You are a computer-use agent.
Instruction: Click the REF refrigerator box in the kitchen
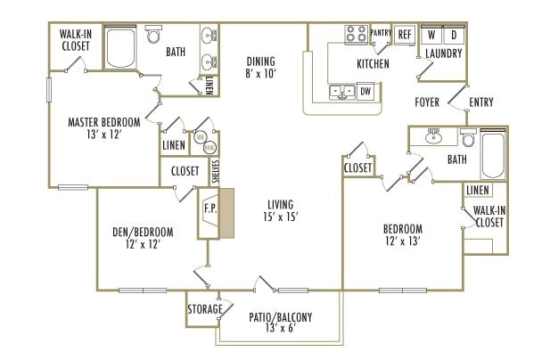405,34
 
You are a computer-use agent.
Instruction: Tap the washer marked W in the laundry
432,36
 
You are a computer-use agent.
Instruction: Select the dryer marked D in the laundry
453,36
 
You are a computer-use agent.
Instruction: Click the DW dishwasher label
365,90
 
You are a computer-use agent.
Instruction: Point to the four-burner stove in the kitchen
357,34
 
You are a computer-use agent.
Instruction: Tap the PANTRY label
382,31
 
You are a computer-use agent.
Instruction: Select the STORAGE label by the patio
204,309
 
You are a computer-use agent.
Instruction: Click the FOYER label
427,102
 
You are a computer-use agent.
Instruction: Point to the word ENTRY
480,102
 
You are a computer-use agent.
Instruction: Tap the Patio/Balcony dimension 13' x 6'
279,329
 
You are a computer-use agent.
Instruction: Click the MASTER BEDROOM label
104,122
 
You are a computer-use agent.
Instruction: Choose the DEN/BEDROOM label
143,232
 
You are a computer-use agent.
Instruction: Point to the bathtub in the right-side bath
493,155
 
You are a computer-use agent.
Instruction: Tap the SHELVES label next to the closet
215,171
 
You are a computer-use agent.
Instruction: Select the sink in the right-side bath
434,137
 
